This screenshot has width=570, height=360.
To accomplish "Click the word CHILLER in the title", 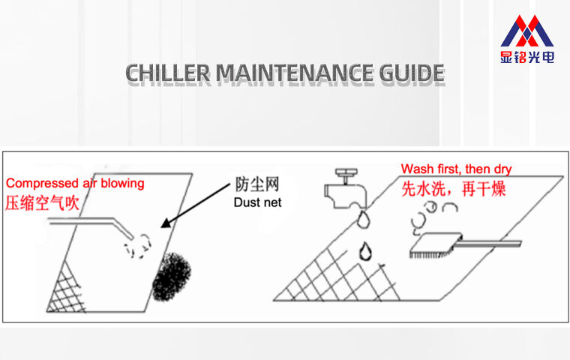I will pos(168,73).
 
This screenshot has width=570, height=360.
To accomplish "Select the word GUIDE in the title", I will pos(409,73).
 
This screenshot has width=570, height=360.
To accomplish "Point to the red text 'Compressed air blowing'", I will pos(75,183).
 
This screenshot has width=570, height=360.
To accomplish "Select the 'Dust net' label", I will pos(257,202).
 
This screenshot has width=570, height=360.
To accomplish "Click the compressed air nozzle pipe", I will pos(90,223).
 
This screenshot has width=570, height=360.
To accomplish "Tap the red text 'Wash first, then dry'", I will pos(456,169).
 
